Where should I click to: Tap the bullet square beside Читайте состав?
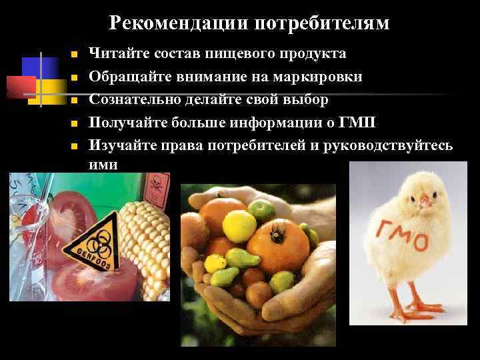coord(75,55)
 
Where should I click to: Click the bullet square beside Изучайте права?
coord(75,146)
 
